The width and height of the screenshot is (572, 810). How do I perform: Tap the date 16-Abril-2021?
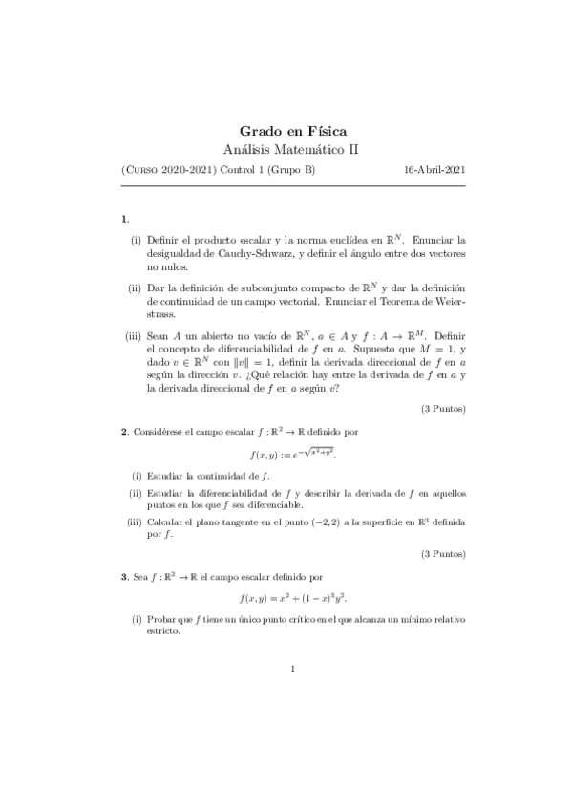tap(434, 170)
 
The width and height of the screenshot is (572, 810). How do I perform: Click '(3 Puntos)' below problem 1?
tap(443, 409)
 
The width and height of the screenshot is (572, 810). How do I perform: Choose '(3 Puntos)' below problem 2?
tap(443, 553)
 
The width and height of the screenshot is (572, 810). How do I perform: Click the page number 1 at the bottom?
tap(292, 669)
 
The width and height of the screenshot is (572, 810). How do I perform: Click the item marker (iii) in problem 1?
tap(134, 335)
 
